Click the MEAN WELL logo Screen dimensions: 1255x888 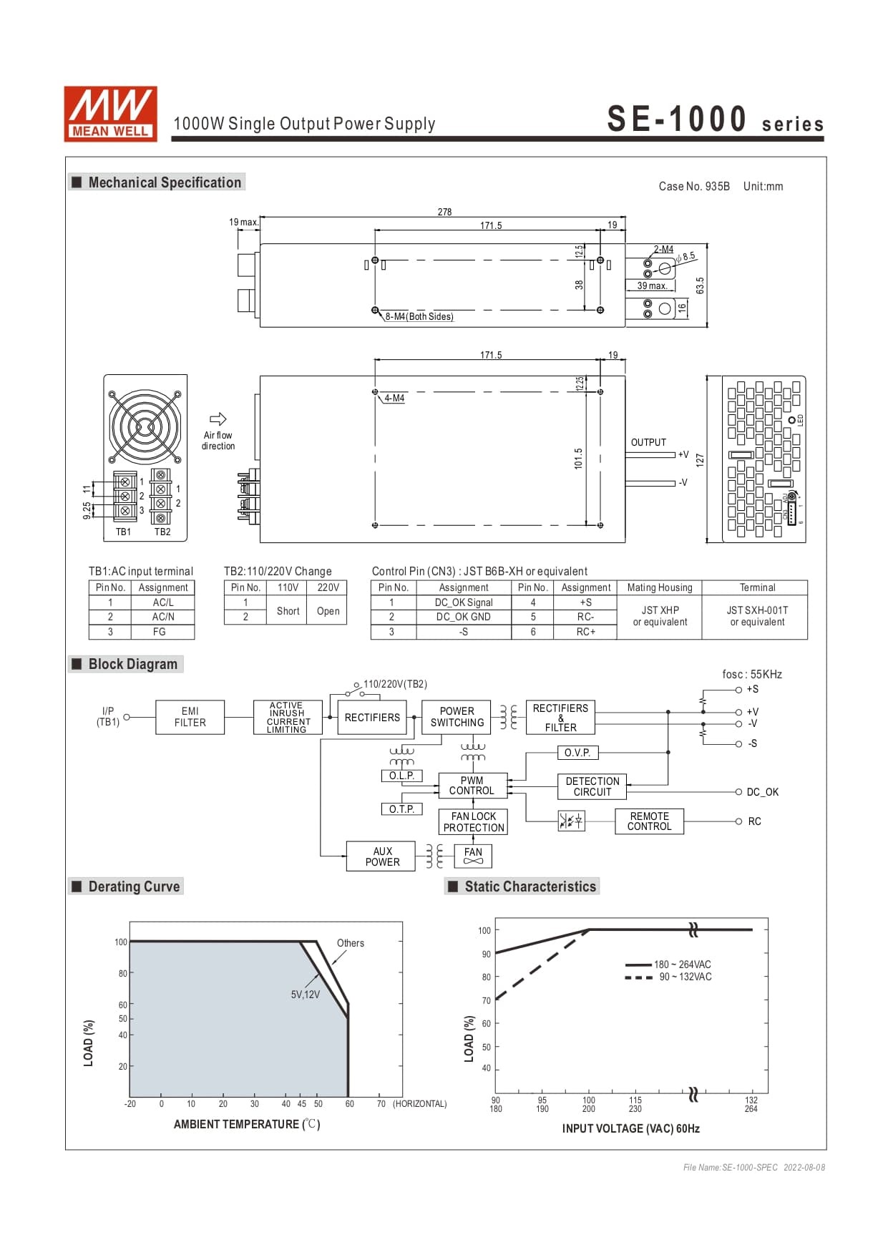pyautogui.click(x=110, y=114)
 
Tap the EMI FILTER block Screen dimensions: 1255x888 pyautogui.click(x=190, y=717)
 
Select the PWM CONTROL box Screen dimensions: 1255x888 pyautogui.click(x=472, y=786)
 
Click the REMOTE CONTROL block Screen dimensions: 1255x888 pyautogui.click(x=649, y=821)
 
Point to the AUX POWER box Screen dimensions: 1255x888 pyautogui.click(x=382, y=856)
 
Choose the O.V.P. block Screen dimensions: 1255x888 pyautogui.click(x=577, y=753)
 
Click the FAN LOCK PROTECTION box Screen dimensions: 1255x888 pyautogui.click(x=473, y=822)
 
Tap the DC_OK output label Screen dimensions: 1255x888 pyautogui.click(x=762, y=792)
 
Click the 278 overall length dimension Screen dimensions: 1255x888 pyautogui.click(x=444, y=212)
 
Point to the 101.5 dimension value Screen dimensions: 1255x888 pyautogui.click(x=578, y=459)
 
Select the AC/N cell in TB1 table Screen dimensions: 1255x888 pyautogui.click(x=163, y=617)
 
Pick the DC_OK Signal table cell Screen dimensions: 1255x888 pyautogui.click(x=464, y=602)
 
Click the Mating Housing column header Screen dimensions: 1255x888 pyautogui.click(x=660, y=587)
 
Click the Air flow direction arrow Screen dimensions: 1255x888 pyautogui.click(x=218, y=419)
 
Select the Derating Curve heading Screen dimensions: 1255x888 pyautogui.click(x=134, y=887)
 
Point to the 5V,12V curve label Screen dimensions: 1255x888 pyautogui.click(x=306, y=995)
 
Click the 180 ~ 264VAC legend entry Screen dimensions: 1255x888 pyautogui.click(x=682, y=965)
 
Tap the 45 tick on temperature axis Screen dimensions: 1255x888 pyautogui.click(x=302, y=1104)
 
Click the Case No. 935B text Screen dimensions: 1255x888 pyautogui.click(x=694, y=187)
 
